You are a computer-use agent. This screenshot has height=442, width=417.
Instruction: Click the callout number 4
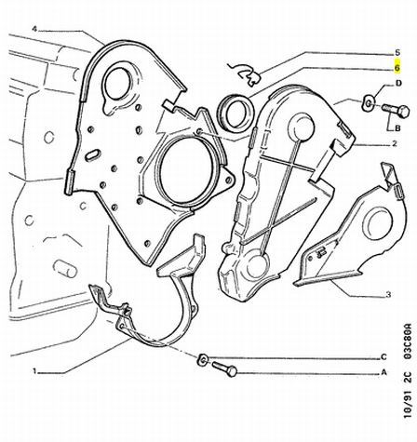tap(34, 29)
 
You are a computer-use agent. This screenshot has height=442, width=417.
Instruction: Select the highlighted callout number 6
tap(397, 67)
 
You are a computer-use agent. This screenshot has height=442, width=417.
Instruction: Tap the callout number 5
tap(397, 53)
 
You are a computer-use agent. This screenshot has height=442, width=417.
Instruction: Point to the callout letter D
tap(398, 83)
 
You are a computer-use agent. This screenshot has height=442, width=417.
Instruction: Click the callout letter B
tap(397, 128)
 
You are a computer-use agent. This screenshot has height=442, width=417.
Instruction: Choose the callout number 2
tap(394, 143)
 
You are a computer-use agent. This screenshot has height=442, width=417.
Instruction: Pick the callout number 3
tap(388, 294)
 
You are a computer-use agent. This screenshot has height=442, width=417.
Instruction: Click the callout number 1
tap(34, 371)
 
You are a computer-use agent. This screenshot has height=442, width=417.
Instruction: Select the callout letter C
tap(383, 357)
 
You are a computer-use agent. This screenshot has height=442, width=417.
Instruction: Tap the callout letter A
tap(383, 372)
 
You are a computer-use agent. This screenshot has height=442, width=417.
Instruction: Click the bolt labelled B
tap(396, 111)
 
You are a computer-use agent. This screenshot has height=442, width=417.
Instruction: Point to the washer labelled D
tap(369, 103)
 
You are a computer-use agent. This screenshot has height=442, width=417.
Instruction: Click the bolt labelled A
tap(224, 369)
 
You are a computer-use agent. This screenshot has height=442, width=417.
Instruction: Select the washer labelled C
tap(203, 359)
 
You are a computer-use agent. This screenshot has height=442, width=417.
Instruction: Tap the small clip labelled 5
tap(245, 74)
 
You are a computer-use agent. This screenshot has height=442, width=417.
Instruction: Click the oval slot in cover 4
tap(93, 154)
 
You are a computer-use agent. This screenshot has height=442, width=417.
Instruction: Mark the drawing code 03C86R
tap(409, 342)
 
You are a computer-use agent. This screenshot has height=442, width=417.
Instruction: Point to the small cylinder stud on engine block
tap(65, 268)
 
